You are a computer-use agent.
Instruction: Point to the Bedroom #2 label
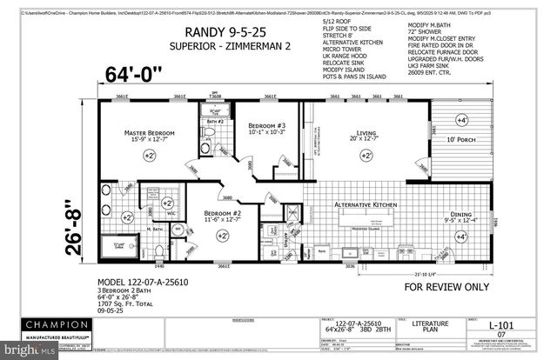(x=222, y=214)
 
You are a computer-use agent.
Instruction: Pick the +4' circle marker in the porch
(x=509, y=121)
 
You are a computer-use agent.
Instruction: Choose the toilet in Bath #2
(x=211, y=133)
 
